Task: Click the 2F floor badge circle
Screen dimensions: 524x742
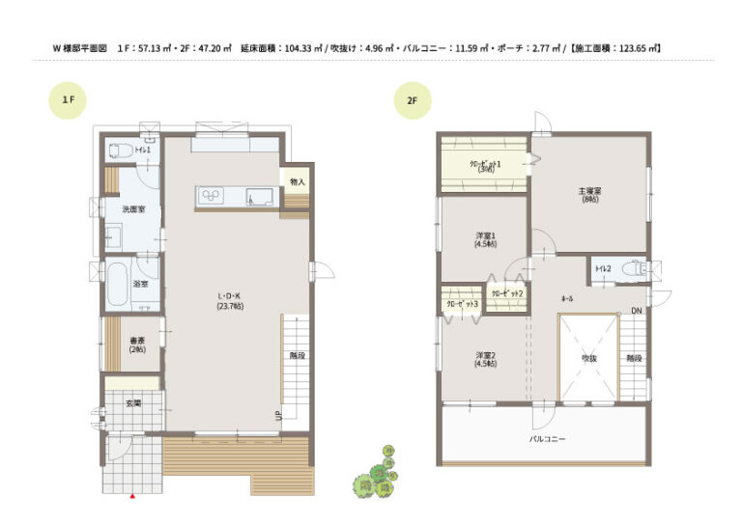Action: pyautogui.click(x=412, y=99)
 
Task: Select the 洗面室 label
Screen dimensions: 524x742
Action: pyautogui.click(x=133, y=209)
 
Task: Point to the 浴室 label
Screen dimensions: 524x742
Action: pyautogui.click(x=140, y=284)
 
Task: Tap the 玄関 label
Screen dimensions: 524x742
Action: pyautogui.click(x=133, y=402)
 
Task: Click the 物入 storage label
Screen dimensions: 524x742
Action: pyautogui.click(x=297, y=181)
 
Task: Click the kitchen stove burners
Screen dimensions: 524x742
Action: pyautogui.click(x=212, y=197)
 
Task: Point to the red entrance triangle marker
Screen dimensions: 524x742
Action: pyautogui.click(x=132, y=495)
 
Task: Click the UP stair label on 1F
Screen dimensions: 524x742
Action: pyautogui.click(x=279, y=417)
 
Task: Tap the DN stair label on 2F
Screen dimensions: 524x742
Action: pyautogui.click(x=636, y=311)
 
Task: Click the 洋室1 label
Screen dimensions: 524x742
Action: pyautogui.click(x=485, y=239)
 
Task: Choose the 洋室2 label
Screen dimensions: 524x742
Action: pyautogui.click(x=485, y=360)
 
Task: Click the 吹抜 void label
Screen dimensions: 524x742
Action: pyautogui.click(x=588, y=357)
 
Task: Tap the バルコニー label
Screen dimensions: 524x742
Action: pyautogui.click(x=547, y=439)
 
